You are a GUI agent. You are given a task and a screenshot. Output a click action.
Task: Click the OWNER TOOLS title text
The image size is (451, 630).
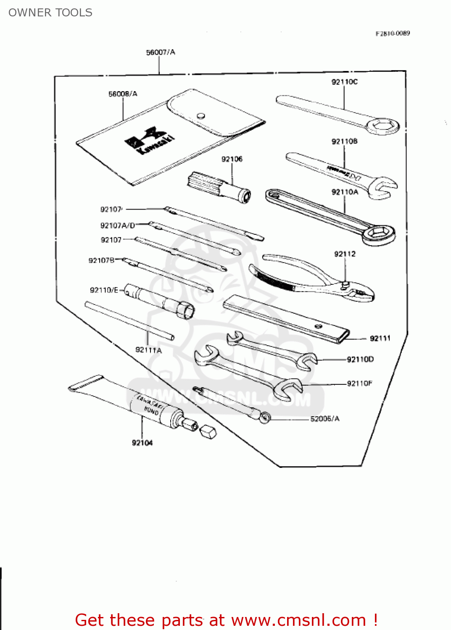pyautogui.click(x=50, y=13)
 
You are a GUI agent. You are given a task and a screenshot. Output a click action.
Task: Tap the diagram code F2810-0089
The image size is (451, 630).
pyautogui.click(x=393, y=33)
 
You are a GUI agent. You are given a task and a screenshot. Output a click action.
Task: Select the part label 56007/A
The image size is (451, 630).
pyautogui.click(x=161, y=52)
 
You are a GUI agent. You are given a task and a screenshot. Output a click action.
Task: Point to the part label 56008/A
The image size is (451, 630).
pyautogui.click(x=123, y=94)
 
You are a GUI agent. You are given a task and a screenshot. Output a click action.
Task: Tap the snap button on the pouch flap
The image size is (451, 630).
pyautogui.click(x=201, y=115)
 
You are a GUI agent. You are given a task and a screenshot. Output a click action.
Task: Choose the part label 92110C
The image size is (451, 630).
pyautogui.click(x=344, y=82)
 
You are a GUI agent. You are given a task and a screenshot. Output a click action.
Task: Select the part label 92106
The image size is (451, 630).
pyautogui.click(x=232, y=159)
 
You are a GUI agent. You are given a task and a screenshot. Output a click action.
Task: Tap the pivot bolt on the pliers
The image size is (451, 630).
pyautogui.click(x=345, y=284)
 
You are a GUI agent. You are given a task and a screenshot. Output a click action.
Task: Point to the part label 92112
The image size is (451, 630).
pyautogui.click(x=345, y=254)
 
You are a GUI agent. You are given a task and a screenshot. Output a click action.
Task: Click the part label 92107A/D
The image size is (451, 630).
pyautogui.click(x=118, y=226)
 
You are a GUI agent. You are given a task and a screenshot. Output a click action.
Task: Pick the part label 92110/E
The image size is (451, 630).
pyautogui.click(x=104, y=290)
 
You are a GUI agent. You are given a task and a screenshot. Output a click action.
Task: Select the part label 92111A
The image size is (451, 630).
pyautogui.click(x=148, y=350)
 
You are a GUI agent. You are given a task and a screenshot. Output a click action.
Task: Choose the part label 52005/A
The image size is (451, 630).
pyautogui.click(x=324, y=419)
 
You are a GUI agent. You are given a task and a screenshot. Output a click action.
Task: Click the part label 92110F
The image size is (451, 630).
pyautogui.click(x=359, y=383)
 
